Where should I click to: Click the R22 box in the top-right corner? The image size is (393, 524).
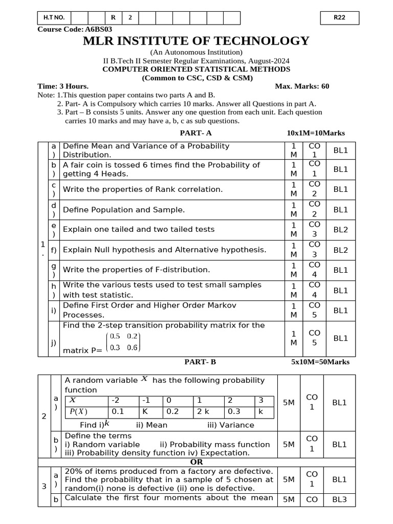click(339, 18)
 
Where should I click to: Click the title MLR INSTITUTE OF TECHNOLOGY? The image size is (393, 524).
click(196, 41)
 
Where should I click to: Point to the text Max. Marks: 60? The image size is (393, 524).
click(302, 86)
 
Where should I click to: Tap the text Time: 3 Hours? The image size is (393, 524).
click(63, 86)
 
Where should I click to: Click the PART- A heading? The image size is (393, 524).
click(195, 133)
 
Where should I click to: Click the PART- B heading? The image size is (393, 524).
click(200, 362)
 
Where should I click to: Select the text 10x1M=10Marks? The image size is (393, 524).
click(316, 133)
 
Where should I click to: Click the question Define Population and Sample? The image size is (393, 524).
click(124, 210)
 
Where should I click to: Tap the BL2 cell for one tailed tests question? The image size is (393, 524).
click(340, 230)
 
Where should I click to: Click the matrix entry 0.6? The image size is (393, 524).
click(132, 348)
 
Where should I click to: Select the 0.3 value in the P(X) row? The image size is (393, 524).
click(234, 411)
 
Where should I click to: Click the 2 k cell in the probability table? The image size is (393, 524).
click(203, 411)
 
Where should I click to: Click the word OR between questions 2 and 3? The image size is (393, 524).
click(196, 462)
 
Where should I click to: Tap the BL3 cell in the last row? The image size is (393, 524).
click(339, 499)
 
